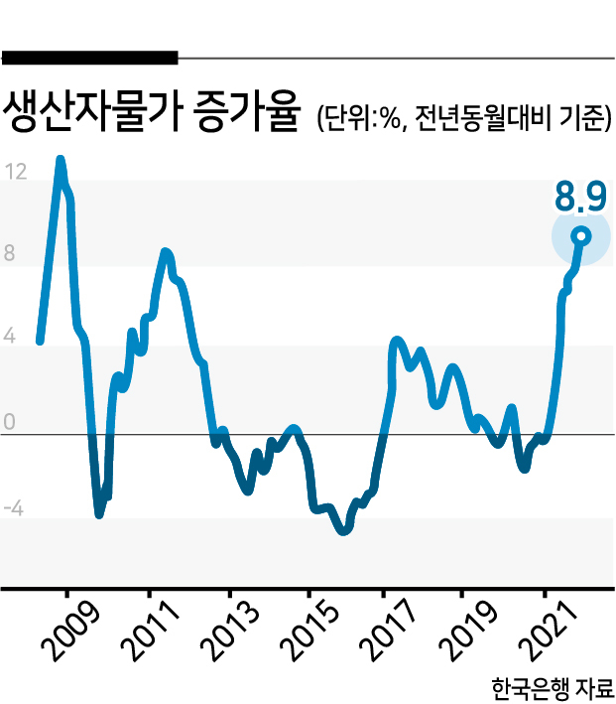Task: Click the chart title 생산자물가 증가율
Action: click(151, 112)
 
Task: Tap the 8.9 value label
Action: click(580, 197)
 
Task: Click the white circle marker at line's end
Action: click(582, 236)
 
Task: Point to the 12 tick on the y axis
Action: click(16, 172)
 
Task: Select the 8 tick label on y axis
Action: click(9, 253)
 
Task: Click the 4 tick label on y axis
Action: click(9, 336)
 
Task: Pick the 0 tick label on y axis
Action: click(9, 422)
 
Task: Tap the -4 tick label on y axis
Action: click(13, 508)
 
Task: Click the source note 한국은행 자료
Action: click(553, 688)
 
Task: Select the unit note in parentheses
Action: click(465, 118)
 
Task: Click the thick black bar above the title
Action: click(89, 58)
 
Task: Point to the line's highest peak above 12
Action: click(61, 159)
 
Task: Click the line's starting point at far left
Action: click(40, 342)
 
